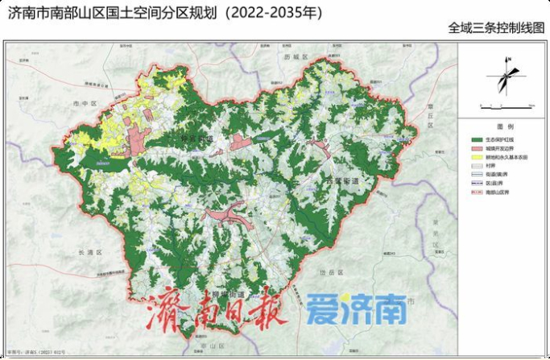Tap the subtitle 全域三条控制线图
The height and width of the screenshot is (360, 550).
[496, 28]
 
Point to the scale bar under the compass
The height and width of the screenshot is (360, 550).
[507, 104]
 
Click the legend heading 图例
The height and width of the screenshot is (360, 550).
[505, 127]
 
